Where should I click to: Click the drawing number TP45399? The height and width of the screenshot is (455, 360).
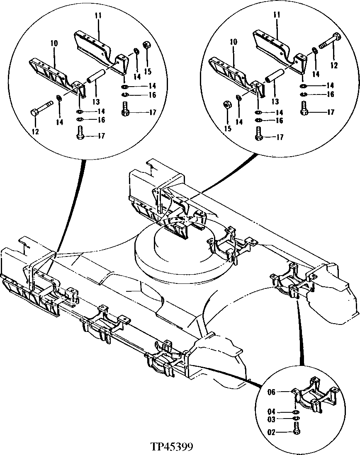[172, 448]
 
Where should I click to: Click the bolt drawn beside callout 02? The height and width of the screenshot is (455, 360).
[296, 431]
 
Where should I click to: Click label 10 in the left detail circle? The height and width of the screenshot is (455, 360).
[54, 43]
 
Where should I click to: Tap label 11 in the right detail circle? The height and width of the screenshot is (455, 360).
[277, 15]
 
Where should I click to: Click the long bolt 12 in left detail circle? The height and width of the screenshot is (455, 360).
[41, 107]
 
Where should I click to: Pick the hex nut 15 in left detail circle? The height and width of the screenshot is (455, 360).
[146, 45]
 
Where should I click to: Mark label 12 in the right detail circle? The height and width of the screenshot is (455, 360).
[334, 66]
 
